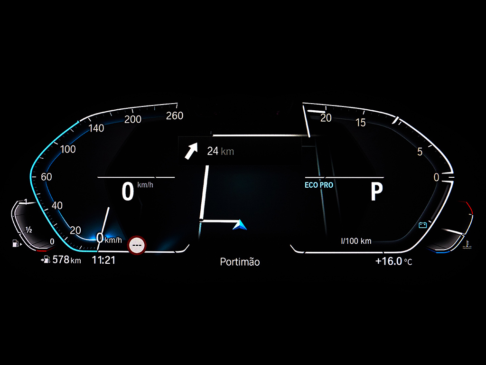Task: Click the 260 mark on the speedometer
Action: (x=175, y=116)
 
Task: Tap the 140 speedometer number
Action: (x=96, y=128)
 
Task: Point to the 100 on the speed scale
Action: (x=68, y=149)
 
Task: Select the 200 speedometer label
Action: (x=133, y=119)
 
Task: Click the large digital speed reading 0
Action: (x=128, y=192)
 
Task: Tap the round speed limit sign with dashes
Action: (x=137, y=245)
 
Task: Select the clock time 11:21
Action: (x=103, y=260)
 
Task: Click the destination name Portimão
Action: (x=240, y=262)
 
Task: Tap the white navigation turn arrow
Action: (x=191, y=151)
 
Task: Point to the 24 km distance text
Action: (x=221, y=151)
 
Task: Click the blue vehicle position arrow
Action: (x=240, y=225)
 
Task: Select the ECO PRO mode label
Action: (x=319, y=185)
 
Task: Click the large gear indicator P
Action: (x=377, y=192)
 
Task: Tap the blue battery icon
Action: (x=423, y=225)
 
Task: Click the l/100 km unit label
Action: (x=356, y=241)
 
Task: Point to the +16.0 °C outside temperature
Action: (x=393, y=261)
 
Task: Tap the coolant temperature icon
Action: (x=467, y=245)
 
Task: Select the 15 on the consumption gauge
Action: (x=361, y=123)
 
